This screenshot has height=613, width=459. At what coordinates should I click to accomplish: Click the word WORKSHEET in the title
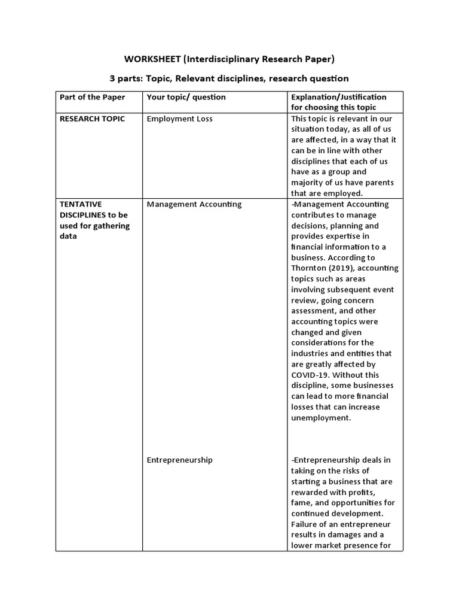click(152, 59)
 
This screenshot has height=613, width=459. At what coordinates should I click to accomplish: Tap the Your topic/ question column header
click(186, 97)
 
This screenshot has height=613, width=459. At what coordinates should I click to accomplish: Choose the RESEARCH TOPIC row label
click(92, 119)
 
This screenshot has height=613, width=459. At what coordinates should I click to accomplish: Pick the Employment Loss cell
click(179, 119)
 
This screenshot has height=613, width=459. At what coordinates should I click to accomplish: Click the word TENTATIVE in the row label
click(81, 204)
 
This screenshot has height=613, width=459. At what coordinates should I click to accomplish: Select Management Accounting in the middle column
click(194, 204)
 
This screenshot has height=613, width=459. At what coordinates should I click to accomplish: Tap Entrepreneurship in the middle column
click(179, 460)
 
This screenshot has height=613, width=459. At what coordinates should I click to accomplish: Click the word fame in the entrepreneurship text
click(302, 503)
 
